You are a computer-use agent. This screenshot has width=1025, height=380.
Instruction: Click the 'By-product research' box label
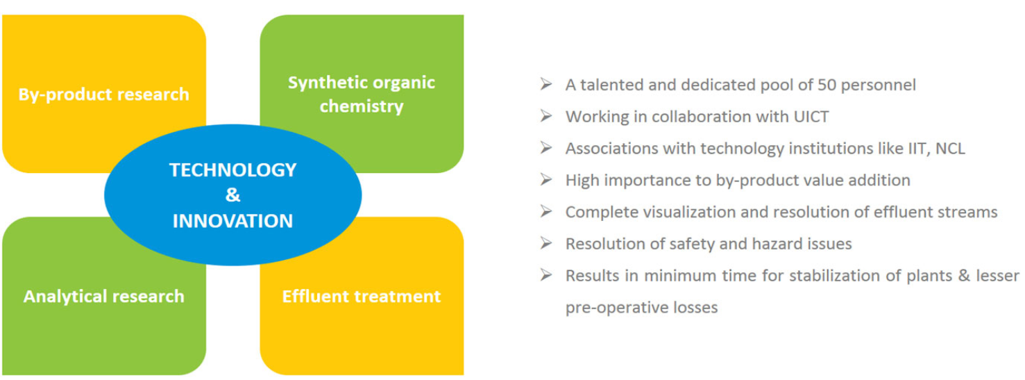pyautogui.click(x=104, y=94)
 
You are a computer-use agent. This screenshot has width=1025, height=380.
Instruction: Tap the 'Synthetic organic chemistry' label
pyautogui.click(x=362, y=94)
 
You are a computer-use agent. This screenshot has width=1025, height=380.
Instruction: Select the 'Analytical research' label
pyautogui.click(x=104, y=296)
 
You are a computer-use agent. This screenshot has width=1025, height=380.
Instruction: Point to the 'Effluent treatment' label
pyautogui.click(x=362, y=296)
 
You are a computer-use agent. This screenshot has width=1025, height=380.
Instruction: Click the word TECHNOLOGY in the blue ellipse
pyautogui.click(x=233, y=170)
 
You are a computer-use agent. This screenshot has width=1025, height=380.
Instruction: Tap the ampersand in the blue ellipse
pyautogui.click(x=233, y=195)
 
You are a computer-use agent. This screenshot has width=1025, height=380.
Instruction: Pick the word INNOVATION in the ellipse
pyautogui.click(x=233, y=221)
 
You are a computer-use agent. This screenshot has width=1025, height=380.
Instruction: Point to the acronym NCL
pyautogui.click(x=951, y=149)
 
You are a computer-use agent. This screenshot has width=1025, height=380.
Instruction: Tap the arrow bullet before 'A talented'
pyautogui.click(x=546, y=84)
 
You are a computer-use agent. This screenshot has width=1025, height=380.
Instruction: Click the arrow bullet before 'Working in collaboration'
pyautogui.click(x=546, y=116)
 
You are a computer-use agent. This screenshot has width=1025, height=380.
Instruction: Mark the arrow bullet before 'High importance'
pyautogui.click(x=546, y=179)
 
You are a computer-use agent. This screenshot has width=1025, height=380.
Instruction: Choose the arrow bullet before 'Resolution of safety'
pyautogui.click(x=546, y=243)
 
